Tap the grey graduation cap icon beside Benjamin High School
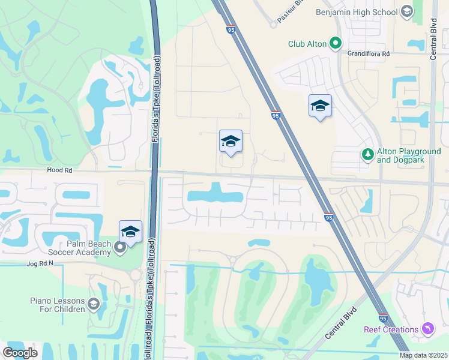[x=406, y=12]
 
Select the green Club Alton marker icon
[x=336, y=43]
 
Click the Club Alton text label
[x=307, y=43]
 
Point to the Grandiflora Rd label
[x=369, y=53]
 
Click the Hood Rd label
[x=59, y=170]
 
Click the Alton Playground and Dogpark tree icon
[x=367, y=155]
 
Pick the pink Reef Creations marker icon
[x=427, y=329]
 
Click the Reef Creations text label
[x=391, y=329]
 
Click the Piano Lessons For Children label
[x=57, y=304]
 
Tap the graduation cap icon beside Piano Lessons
[x=93, y=304]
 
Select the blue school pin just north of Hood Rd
[x=231, y=142]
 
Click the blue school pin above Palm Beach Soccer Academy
[x=130, y=232]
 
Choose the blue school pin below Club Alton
[x=320, y=106]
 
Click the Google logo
[x=20, y=352]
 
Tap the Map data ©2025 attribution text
[x=424, y=355]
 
